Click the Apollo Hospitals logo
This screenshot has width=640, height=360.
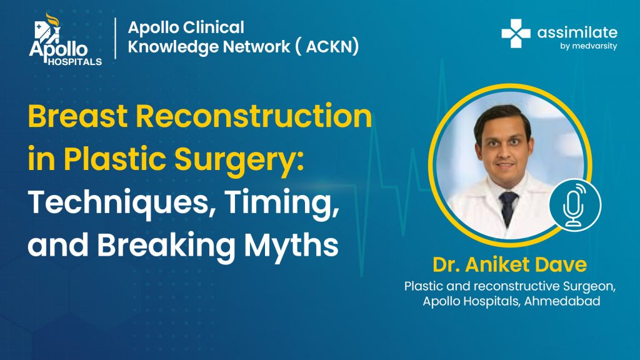[x=65, y=39]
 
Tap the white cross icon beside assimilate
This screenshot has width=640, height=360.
[x=516, y=34]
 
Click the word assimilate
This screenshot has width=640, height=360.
[x=577, y=32]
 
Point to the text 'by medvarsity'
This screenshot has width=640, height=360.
[x=588, y=46]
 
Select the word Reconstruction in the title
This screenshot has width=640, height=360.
[x=254, y=116]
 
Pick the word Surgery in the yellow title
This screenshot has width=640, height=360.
[x=239, y=160]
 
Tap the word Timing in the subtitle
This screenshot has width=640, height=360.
[x=282, y=202]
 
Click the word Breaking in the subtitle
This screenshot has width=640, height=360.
[x=166, y=246]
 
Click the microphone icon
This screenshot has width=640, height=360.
[x=575, y=204]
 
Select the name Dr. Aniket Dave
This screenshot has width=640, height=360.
[x=510, y=264]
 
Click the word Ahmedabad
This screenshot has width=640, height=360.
[x=562, y=301]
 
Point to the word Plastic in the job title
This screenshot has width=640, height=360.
[x=422, y=286]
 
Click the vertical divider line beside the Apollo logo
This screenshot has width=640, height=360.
[x=116, y=38]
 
